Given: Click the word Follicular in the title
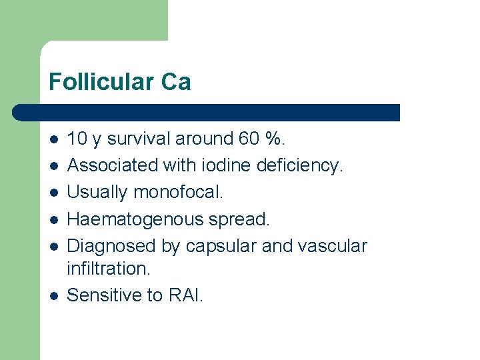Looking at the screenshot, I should point(101,82).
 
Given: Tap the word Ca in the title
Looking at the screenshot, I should point(176,82).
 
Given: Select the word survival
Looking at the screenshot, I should point(138,139).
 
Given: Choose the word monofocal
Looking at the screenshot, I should point(179,192).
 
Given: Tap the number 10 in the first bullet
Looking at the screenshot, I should point(77,139).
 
